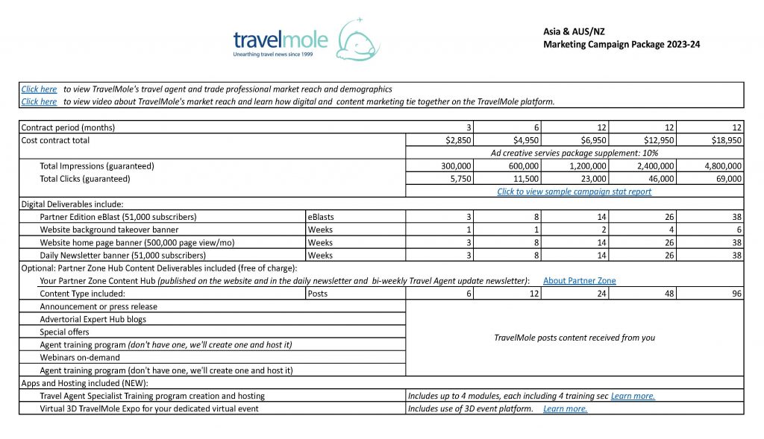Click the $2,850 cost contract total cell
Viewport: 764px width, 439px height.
click(462, 140)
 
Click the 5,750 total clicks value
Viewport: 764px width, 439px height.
click(468, 179)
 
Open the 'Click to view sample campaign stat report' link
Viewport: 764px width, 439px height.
click(574, 192)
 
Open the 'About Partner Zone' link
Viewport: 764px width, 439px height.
click(579, 281)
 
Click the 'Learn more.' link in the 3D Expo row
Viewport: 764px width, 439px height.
click(565, 408)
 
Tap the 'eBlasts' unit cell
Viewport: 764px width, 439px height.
click(322, 217)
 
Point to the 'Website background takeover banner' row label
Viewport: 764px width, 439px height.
click(109, 230)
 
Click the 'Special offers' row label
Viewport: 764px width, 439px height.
click(64, 332)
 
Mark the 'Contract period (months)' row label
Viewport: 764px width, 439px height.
click(69, 127)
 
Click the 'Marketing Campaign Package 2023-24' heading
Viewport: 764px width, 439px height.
click(622, 45)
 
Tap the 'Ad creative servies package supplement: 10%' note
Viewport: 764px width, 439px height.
click(574, 153)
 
